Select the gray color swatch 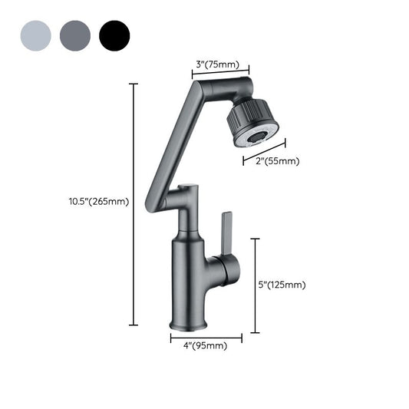[x=74, y=35]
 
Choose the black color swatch [x=114, y=35]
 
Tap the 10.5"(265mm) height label [x=98, y=203]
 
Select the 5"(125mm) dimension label [x=282, y=285]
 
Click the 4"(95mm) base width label [x=206, y=346]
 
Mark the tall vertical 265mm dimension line [x=134, y=204]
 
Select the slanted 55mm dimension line [x=264, y=151]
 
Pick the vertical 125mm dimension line [x=255, y=285]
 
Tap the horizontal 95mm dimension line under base [x=206, y=337]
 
